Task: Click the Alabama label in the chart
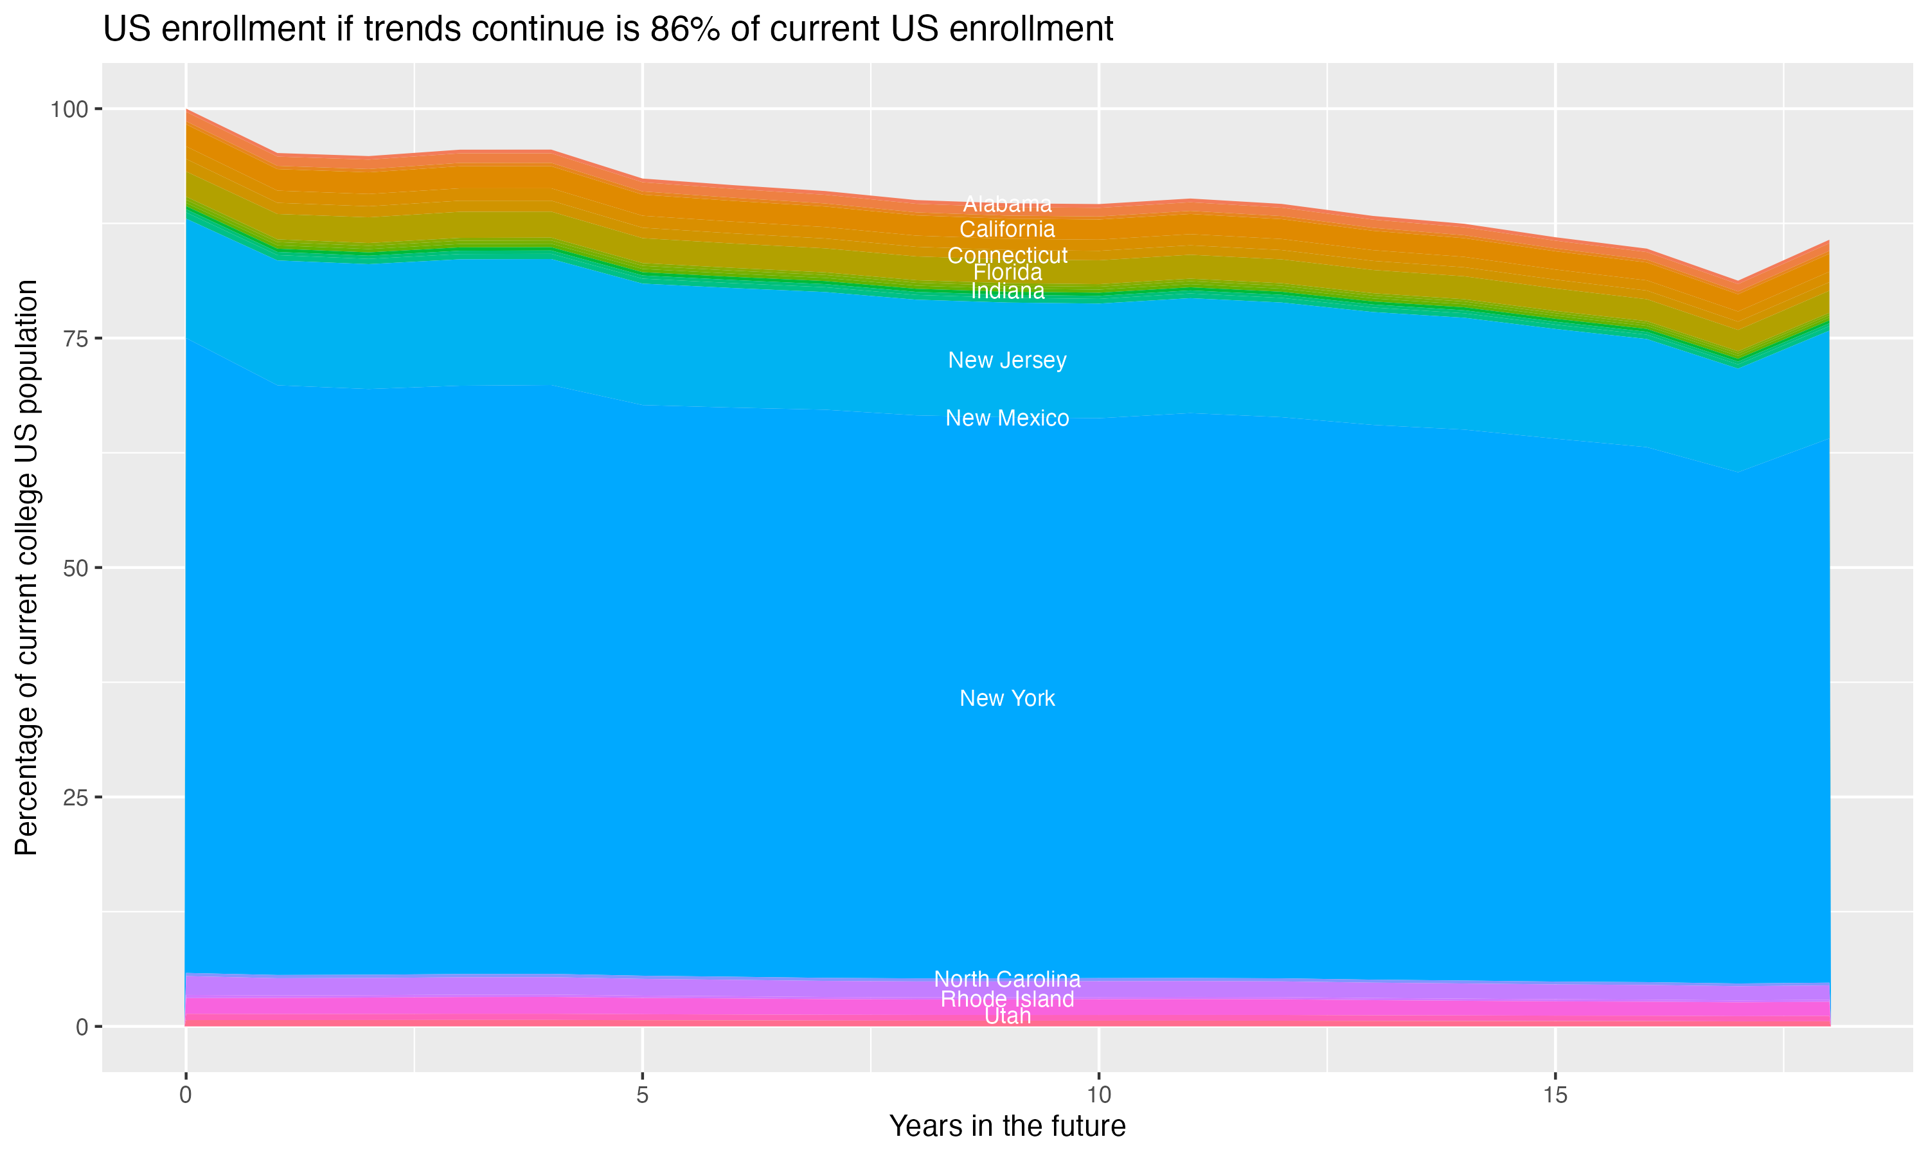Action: click(x=1007, y=204)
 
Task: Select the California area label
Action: click(x=1007, y=229)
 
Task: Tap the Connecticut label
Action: click(x=1007, y=255)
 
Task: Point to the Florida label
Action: click(x=1007, y=272)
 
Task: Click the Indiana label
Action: click(x=1007, y=291)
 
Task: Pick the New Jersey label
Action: click(x=1007, y=360)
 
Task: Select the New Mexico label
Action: click(x=1007, y=418)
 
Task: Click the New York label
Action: click(x=1007, y=698)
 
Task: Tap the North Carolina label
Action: click(x=1007, y=978)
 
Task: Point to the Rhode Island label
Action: click(x=1007, y=999)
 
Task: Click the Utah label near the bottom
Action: click(x=1007, y=1016)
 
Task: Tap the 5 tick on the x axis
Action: click(x=642, y=1095)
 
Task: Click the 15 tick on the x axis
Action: click(x=1555, y=1095)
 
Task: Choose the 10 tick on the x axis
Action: click(x=1098, y=1095)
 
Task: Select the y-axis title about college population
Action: click(x=26, y=568)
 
